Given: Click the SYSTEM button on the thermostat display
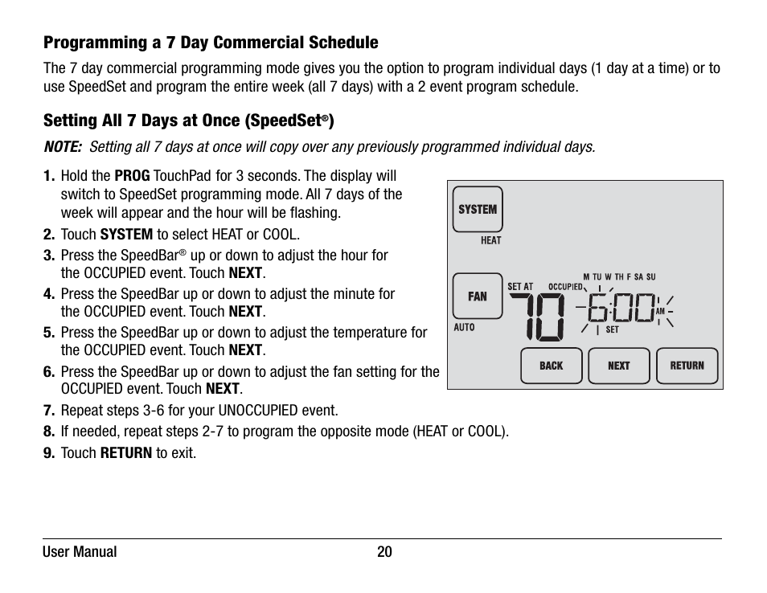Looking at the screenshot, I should tap(478, 210).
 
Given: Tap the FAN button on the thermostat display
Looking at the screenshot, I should tap(478, 296).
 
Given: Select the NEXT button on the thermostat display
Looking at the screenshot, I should tap(618, 366).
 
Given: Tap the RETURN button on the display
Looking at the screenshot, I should tap(687, 366).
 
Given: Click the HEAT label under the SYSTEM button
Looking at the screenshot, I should tap(490, 240).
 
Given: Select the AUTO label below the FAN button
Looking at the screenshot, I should tap(465, 328).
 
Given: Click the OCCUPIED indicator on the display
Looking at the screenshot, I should tap(565, 287).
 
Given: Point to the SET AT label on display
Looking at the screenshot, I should tap(520, 287).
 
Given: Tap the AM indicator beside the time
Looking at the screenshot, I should tap(660, 311).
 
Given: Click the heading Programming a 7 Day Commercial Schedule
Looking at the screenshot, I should tap(211, 43).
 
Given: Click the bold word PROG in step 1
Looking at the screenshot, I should tap(132, 176).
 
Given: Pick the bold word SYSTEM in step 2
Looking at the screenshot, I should tap(126, 235).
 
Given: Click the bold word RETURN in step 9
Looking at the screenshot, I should tap(126, 453).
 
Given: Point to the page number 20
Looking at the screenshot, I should tap(384, 552).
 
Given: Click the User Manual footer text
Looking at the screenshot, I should tap(80, 552).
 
